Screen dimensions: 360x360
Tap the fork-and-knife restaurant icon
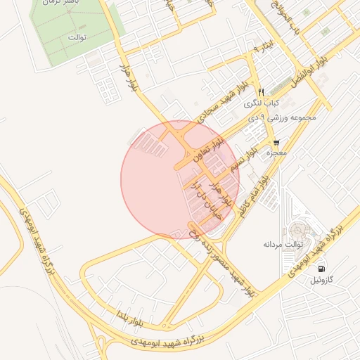pyautogui.click(x=261, y=92)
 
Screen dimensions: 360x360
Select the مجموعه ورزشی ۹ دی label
pyautogui.click(x=282, y=117)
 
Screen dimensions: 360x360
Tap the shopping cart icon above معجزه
pyautogui.click(x=276, y=142)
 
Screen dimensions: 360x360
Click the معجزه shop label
pyautogui.click(x=275, y=153)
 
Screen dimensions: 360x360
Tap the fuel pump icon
pyautogui.click(x=322, y=269)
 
